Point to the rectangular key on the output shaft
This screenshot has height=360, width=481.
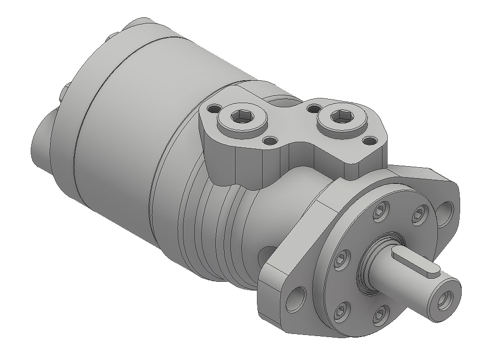pyautogui.click(x=416, y=263)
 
